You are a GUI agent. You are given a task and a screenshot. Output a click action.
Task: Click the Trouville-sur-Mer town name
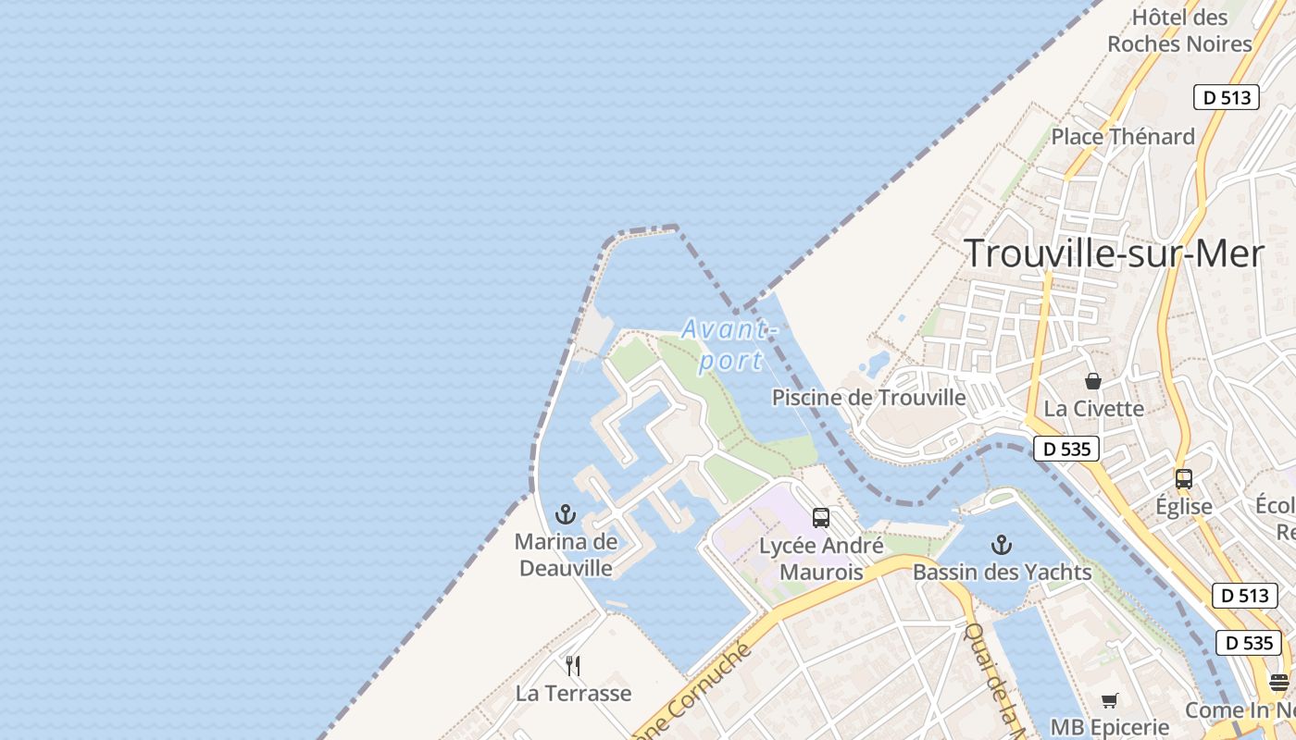[1115, 253]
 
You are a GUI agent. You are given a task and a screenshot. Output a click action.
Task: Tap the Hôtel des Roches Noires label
[1179, 31]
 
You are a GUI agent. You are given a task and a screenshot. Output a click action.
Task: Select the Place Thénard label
[1123, 137]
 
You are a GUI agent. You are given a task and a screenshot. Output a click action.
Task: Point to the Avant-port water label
[727, 344]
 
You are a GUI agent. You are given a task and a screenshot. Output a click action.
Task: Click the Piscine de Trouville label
[868, 398]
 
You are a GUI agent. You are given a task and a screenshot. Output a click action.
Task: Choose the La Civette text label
[1093, 408]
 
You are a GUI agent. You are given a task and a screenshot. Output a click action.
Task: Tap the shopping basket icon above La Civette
[1093, 381]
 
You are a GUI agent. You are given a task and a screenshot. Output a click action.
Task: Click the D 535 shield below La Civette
[1065, 450]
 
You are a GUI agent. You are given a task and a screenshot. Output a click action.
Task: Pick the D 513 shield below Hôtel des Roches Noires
[1227, 97]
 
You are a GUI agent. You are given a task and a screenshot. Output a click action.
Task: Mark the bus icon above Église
[1183, 479]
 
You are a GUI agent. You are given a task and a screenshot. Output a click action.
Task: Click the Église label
[1183, 506]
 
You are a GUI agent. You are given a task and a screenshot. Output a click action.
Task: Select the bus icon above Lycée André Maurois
[821, 518]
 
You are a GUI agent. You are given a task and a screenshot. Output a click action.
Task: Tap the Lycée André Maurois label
[821, 559]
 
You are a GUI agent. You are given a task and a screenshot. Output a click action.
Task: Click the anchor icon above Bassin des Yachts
[1001, 545]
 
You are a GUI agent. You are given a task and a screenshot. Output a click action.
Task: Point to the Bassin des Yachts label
[1002, 573]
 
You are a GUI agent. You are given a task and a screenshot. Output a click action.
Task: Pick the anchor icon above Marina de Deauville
[566, 514]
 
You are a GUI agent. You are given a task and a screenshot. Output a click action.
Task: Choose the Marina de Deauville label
[566, 554]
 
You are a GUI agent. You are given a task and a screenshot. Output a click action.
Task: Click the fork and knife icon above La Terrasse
[573, 666]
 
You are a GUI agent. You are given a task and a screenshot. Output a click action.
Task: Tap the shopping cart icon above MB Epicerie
[1109, 700]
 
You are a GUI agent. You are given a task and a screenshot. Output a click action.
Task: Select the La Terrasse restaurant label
[573, 693]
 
